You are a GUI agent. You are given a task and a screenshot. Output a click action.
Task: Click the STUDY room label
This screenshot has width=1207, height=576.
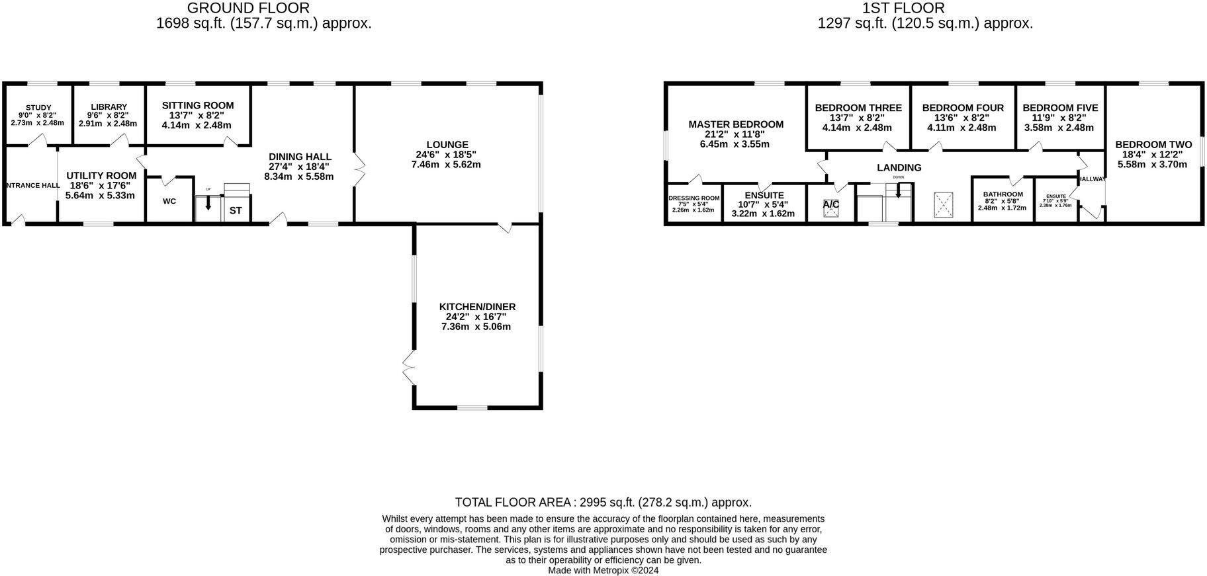[x=38, y=108]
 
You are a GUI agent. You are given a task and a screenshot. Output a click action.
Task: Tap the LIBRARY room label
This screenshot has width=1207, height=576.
[x=109, y=107]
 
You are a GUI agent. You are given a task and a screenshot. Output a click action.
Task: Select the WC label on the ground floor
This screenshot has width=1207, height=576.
[x=169, y=201]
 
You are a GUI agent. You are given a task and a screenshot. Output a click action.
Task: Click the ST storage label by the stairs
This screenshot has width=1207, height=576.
[x=236, y=211]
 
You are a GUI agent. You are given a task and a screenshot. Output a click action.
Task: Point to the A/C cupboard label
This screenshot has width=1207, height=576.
[x=831, y=204]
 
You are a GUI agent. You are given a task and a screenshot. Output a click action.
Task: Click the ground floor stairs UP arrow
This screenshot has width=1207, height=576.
[x=208, y=204]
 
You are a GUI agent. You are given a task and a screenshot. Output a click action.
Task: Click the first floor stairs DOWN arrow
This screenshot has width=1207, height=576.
[x=898, y=191]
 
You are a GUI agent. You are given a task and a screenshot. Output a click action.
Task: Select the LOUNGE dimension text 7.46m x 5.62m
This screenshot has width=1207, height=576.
[x=447, y=165]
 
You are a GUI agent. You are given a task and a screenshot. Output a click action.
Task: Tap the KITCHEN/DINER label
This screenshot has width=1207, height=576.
[x=477, y=307]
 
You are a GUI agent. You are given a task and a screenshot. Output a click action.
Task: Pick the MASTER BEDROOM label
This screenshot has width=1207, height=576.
[x=736, y=124]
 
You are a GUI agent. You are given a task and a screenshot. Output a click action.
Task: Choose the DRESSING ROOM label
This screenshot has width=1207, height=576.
[x=693, y=198]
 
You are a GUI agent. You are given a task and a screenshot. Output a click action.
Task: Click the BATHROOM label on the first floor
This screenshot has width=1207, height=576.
[x=1003, y=194]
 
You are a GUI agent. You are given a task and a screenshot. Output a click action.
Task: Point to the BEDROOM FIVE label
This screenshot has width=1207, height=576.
[x=1060, y=108]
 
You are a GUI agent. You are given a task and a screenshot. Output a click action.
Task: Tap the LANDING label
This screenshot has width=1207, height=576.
[x=899, y=168]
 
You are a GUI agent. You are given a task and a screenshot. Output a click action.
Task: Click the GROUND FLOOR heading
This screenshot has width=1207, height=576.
[x=248, y=8]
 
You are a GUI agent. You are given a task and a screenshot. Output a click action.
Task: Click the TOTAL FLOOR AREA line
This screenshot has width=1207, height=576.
[x=603, y=503]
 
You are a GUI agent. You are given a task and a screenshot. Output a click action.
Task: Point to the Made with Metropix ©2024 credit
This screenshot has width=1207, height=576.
[x=603, y=570]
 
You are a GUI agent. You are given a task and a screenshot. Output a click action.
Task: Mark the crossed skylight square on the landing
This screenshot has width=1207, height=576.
[x=944, y=205]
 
